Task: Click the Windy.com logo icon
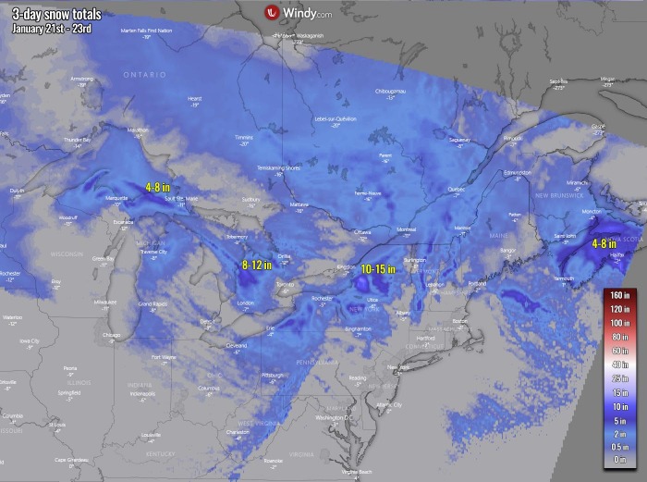tap(272, 12)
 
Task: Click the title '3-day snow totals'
tap(52, 11)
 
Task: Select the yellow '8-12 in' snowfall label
tap(257, 265)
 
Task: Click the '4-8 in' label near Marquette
tap(159, 186)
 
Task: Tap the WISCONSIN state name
tap(67, 253)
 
